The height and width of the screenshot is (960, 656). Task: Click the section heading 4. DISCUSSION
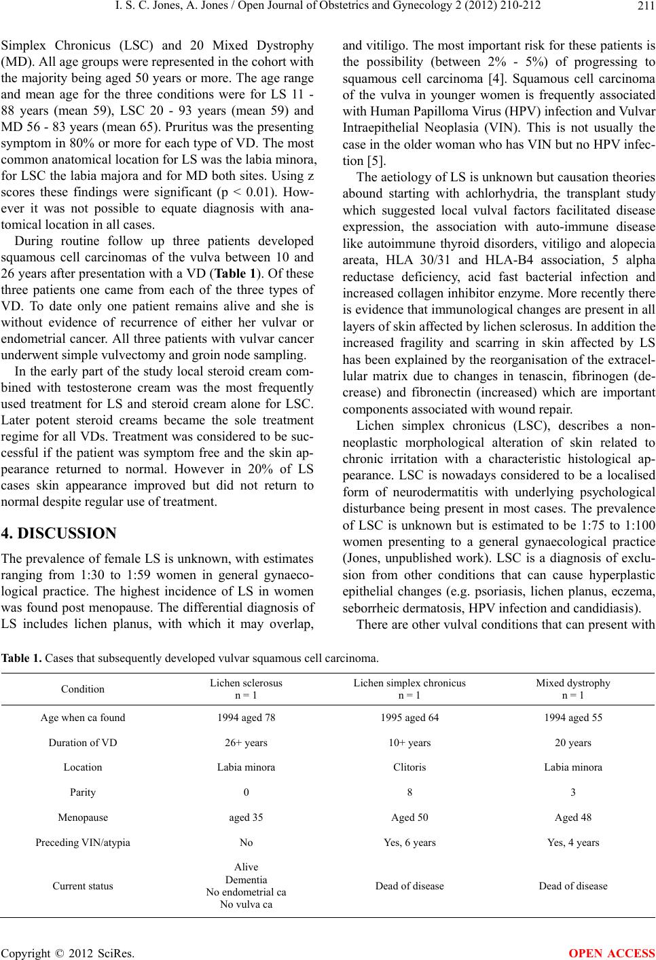tap(59, 513)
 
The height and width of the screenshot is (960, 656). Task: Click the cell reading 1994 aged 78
tap(247, 717)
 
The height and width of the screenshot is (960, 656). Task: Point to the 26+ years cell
tap(247, 742)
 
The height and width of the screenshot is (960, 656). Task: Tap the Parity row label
tap(83, 792)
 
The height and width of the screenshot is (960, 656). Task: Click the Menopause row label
tap(83, 817)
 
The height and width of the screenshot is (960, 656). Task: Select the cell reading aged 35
tap(247, 817)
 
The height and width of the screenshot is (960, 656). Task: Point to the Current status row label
tap(83, 885)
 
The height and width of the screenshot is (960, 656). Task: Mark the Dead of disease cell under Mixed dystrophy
tap(573, 885)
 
